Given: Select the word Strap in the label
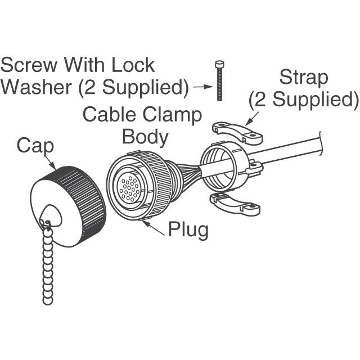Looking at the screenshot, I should (304, 78).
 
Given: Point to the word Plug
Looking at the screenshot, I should (188, 229).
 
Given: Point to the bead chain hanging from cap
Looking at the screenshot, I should (48, 264).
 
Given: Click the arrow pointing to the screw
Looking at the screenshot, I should (201, 87).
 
